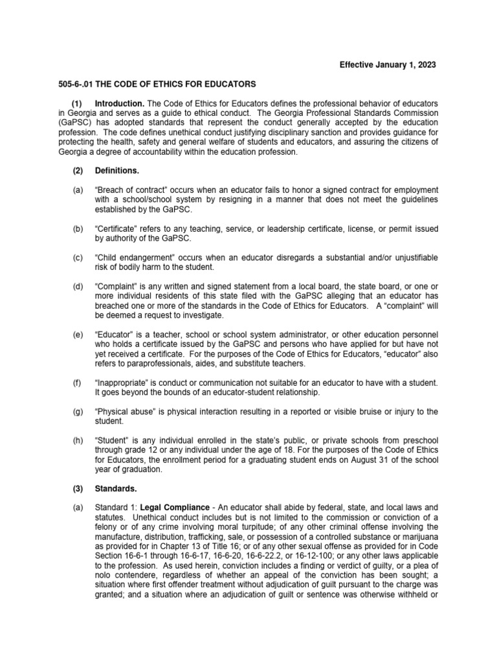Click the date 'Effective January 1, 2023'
click(x=388, y=65)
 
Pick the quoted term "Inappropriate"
click(x=121, y=383)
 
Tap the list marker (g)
click(x=78, y=412)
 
